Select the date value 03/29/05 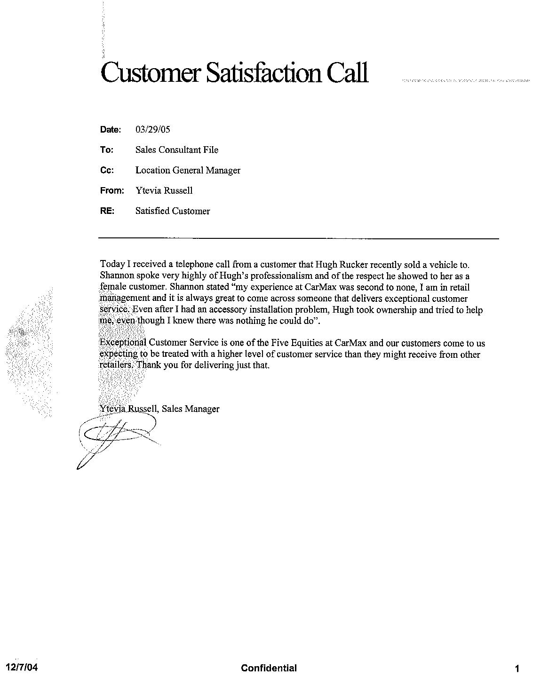pos(152,129)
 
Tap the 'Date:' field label pos(111,130)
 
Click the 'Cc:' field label pos(107,170)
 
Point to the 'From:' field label pos(112,190)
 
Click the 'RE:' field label pos(107,211)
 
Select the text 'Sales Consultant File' pos(177,150)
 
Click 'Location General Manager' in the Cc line pos(188,170)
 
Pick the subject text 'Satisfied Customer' pos(173,211)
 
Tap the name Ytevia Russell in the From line pos(164,190)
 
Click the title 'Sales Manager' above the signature pos(191,409)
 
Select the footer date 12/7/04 pos(21,668)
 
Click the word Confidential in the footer pos(269,668)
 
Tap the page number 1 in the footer pos(517,669)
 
